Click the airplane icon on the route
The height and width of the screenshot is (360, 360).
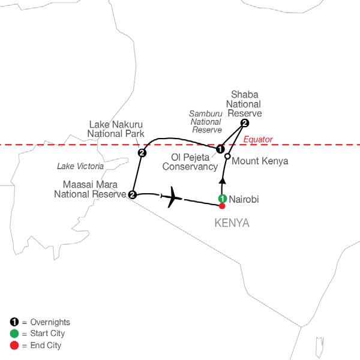click(173, 196)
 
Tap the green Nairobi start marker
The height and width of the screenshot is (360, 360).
click(222, 199)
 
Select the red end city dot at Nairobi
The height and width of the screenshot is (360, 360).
click(222, 206)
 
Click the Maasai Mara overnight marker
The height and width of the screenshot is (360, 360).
click(132, 194)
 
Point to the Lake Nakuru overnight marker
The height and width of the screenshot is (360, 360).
click(142, 153)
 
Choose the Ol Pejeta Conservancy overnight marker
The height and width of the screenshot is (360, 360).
click(220, 149)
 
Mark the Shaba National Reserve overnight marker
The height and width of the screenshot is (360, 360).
click(244, 123)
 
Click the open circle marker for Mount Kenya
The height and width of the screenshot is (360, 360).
click(227, 157)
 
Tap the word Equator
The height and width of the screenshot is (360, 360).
click(259, 140)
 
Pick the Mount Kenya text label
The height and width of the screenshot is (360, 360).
click(260, 161)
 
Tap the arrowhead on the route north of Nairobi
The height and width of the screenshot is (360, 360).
click(222, 180)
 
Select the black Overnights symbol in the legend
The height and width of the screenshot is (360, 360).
click(14, 322)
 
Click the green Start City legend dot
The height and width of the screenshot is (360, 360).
click(14, 334)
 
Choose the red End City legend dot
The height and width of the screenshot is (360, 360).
click(14, 346)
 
